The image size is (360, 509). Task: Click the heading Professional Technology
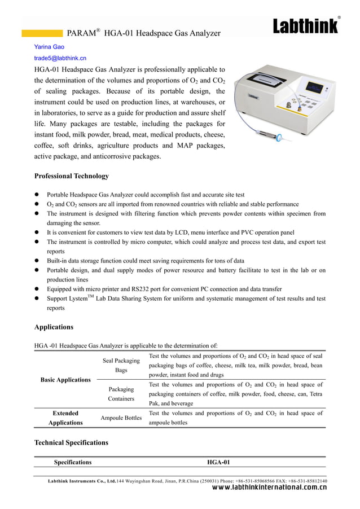(x=72, y=176)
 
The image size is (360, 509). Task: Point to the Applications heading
(x=54, y=327)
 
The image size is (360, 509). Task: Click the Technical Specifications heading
(x=71, y=443)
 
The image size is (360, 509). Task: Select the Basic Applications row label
(x=65, y=380)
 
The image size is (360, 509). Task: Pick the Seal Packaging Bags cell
(x=121, y=365)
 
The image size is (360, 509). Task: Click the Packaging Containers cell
(x=121, y=394)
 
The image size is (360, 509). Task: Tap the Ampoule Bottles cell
(x=121, y=418)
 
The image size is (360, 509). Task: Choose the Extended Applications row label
(x=65, y=418)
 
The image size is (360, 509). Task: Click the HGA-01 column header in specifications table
(x=218, y=462)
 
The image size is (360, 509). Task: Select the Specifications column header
(x=73, y=462)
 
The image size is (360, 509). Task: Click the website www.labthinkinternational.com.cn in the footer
(x=269, y=488)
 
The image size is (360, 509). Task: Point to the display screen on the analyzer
(x=315, y=89)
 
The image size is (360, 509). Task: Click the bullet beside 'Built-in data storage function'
(x=37, y=261)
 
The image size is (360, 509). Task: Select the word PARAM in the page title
(x=81, y=34)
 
